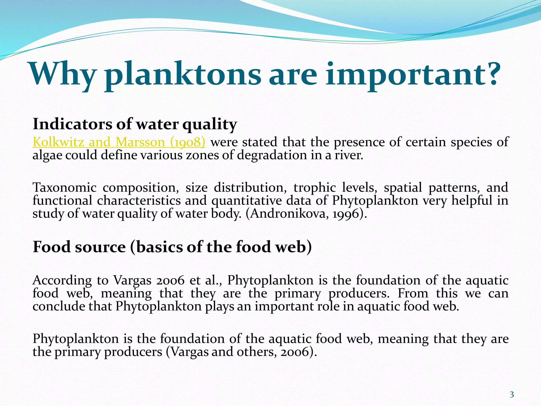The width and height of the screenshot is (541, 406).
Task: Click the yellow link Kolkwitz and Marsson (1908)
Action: pyautogui.click(x=119, y=142)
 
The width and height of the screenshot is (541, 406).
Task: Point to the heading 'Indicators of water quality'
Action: pyautogui.click(x=135, y=124)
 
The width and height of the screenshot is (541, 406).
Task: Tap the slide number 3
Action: pyautogui.click(x=512, y=395)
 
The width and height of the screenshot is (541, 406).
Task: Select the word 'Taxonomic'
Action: pyautogui.click(x=64, y=188)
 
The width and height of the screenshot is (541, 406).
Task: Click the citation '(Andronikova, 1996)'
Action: pyautogui.click(x=306, y=214)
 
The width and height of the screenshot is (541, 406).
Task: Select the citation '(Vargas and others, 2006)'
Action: pyautogui.click(x=241, y=352)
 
